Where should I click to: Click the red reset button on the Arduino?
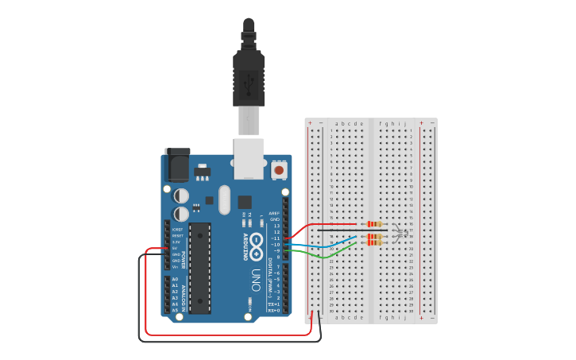[x=279, y=169]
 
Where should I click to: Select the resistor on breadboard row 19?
[x=374, y=243]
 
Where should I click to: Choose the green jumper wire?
[x=322, y=254]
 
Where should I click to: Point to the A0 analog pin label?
[x=175, y=280]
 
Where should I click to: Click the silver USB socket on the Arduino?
[x=249, y=158]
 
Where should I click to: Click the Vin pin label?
[x=175, y=266]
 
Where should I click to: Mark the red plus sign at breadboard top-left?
[x=310, y=123]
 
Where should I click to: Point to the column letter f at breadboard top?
[x=381, y=123]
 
